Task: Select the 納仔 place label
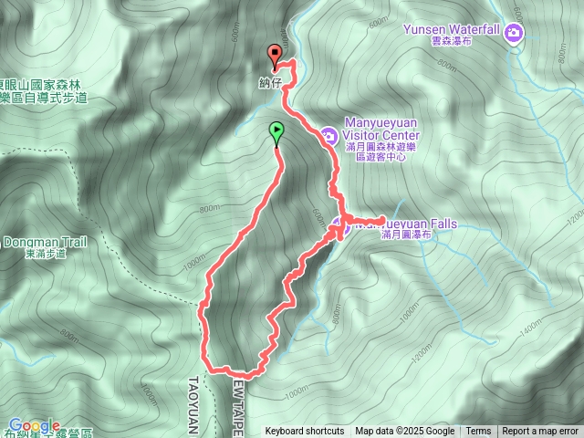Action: (270, 81)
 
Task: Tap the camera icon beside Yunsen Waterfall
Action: (515, 34)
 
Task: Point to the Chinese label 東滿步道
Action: (47, 254)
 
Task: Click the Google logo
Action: (34, 425)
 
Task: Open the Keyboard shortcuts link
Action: (305, 432)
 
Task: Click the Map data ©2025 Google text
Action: (405, 432)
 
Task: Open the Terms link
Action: (478, 432)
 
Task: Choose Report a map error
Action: (540, 432)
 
